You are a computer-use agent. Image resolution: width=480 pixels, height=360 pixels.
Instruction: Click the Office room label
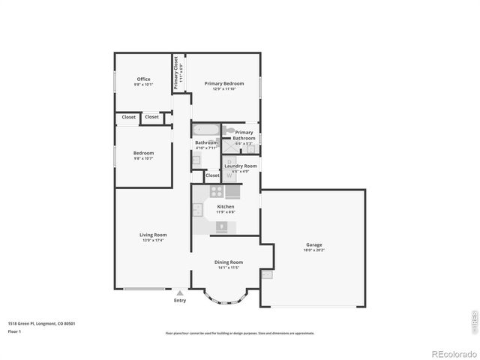(143, 79)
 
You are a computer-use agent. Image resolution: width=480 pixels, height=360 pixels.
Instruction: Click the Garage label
(313, 245)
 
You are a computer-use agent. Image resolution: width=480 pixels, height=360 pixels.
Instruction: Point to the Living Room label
(151, 235)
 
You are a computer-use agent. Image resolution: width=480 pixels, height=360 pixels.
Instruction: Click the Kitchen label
(226, 206)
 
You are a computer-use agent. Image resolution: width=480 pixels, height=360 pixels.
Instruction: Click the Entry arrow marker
(180, 293)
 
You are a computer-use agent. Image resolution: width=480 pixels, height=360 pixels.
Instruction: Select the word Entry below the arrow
(180, 301)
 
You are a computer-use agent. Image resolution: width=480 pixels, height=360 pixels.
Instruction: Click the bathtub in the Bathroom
(206, 130)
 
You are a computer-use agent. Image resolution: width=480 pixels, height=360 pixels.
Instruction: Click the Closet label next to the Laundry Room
(213, 175)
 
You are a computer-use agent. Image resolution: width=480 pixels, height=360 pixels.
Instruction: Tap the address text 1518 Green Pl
(41, 323)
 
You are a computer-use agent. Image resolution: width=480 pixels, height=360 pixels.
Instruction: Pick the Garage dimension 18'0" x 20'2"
(313, 250)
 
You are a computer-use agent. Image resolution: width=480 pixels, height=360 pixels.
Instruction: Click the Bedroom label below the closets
(143, 153)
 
